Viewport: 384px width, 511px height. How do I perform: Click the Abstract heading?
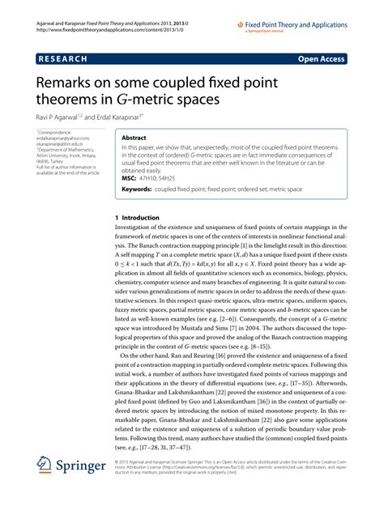click(134, 138)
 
